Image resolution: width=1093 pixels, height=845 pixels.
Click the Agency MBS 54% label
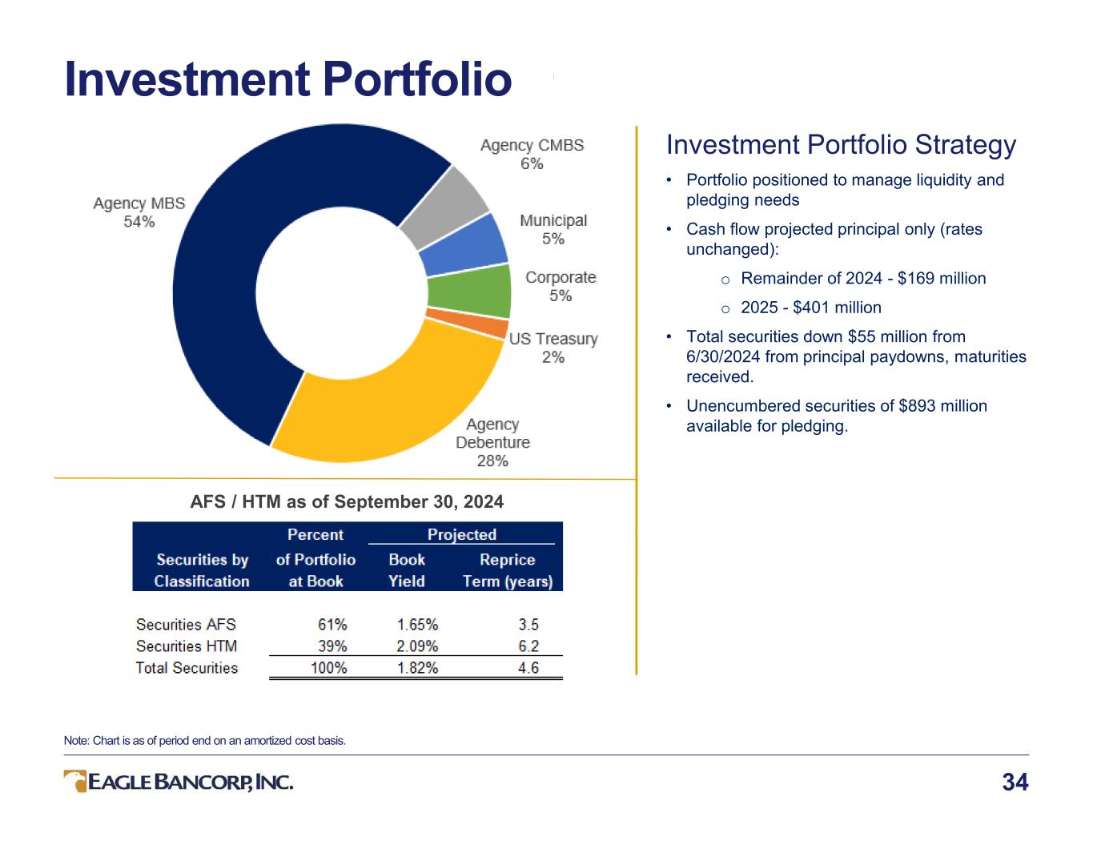coord(139,212)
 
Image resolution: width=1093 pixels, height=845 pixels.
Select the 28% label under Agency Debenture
coord(492,461)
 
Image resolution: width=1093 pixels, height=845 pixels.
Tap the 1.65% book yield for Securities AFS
coord(417,625)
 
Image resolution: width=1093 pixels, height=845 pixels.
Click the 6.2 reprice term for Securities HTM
coord(528,646)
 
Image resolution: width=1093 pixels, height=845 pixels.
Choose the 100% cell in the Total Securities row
coord(329,668)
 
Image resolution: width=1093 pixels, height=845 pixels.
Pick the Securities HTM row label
coord(186,646)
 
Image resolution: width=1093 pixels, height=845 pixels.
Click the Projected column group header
coord(462,534)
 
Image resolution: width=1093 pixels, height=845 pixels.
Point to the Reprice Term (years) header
coord(508,570)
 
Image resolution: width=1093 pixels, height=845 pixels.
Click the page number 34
coord(1015,783)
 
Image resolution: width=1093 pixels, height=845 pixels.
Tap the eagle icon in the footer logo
coord(75,781)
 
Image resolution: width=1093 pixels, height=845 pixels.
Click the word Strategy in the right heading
coord(966,146)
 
